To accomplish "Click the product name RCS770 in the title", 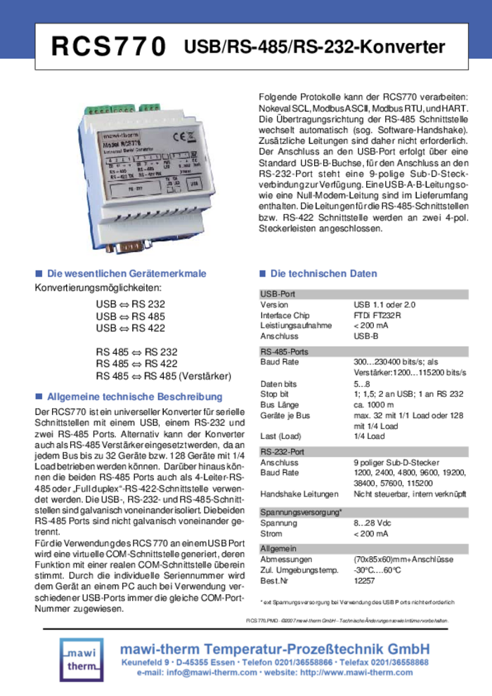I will click(x=108, y=47).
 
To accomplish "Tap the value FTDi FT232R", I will click(x=377, y=315).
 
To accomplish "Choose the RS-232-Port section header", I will click(x=282, y=452).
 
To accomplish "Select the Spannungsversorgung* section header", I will click(x=301, y=512).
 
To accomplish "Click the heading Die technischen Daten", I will click(x=323, y=274).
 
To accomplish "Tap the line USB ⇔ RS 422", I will click(x=131, y=328).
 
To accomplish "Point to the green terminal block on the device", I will click(x=109, y=110).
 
